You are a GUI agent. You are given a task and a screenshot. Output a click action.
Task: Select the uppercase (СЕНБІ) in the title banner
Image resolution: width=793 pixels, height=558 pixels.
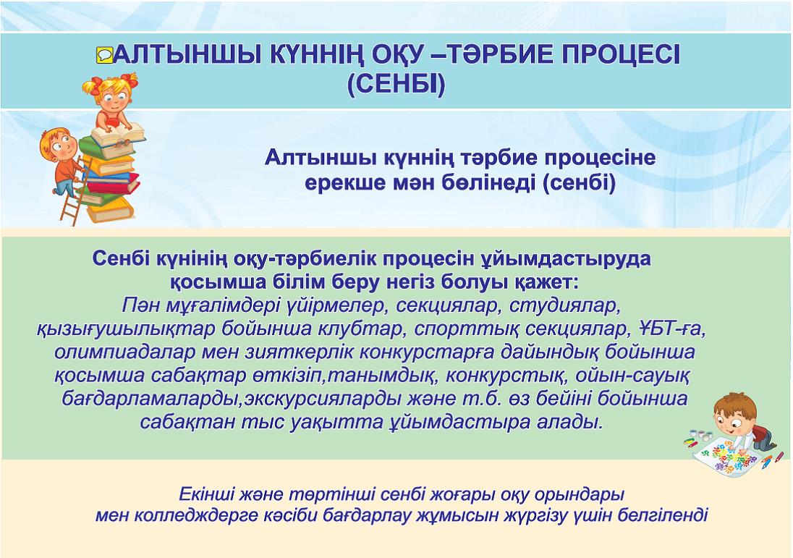396,85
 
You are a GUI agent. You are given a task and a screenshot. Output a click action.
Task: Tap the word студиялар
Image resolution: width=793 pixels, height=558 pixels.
564,306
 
